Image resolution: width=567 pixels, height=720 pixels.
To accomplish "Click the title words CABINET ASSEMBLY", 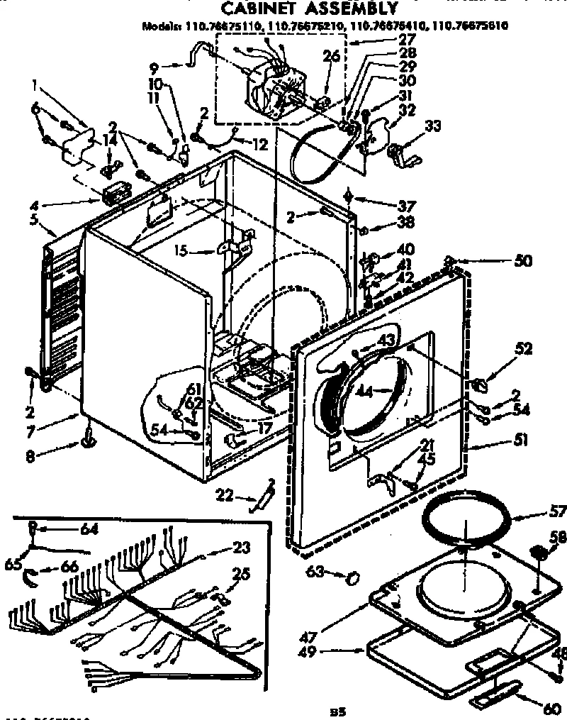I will (307, 9).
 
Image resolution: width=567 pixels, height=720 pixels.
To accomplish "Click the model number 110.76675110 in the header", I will (222, 26).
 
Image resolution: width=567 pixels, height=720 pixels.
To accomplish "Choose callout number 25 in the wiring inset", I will (242, 574).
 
